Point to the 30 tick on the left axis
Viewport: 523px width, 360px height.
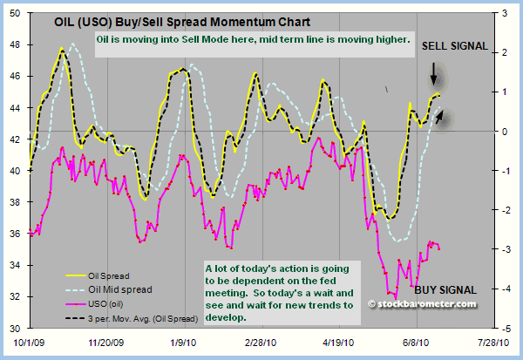tap(18, 328)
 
